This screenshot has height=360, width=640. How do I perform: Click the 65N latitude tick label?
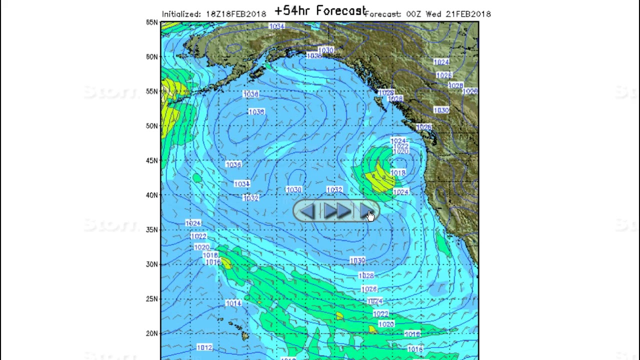coord(152,22)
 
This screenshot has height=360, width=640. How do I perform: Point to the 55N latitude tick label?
coord(152,91)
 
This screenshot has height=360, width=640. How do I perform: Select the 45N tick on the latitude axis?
coord(152,160)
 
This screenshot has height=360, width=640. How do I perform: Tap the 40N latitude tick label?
coord(152,195)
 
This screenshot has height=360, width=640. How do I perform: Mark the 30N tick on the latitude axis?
coord(152,264)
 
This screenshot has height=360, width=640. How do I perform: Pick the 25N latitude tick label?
coord(152,299)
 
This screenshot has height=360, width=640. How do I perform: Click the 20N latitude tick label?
coord(152,333)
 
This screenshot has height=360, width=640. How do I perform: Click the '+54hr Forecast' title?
coord(320,10)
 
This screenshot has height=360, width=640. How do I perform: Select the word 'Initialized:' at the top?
coord(181,14)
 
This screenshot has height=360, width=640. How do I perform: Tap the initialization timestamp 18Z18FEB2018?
coord(236,14)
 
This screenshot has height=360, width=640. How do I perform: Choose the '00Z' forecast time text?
coord(414,14)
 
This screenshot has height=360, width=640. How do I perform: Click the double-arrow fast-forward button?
coord(336,211)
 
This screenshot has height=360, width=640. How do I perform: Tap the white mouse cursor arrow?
coord(370,216)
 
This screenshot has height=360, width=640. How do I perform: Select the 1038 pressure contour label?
coord(256,112)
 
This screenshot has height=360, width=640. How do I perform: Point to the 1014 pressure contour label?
coord(233,303)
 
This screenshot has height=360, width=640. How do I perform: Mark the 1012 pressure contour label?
coord(204,347)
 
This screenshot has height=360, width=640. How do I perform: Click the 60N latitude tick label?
coord(152,57)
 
